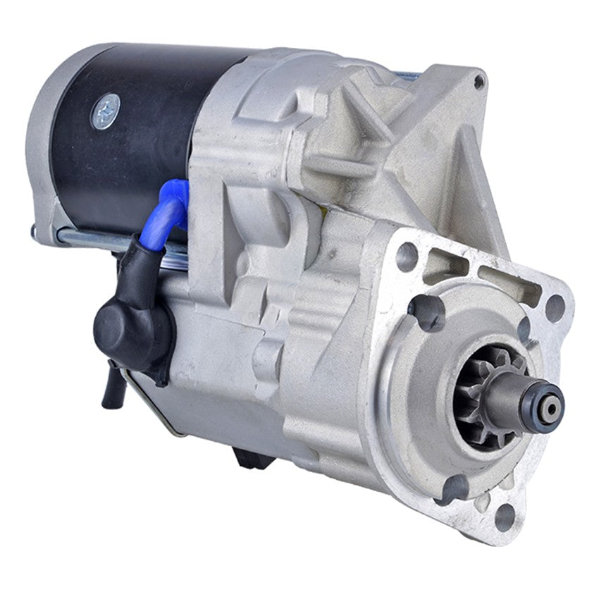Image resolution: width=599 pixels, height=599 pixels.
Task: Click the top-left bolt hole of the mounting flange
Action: click(407, 256)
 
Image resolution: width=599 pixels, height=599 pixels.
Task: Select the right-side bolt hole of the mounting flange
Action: click(555, 307)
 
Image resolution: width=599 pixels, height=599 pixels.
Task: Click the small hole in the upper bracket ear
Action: click(479, 82)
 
